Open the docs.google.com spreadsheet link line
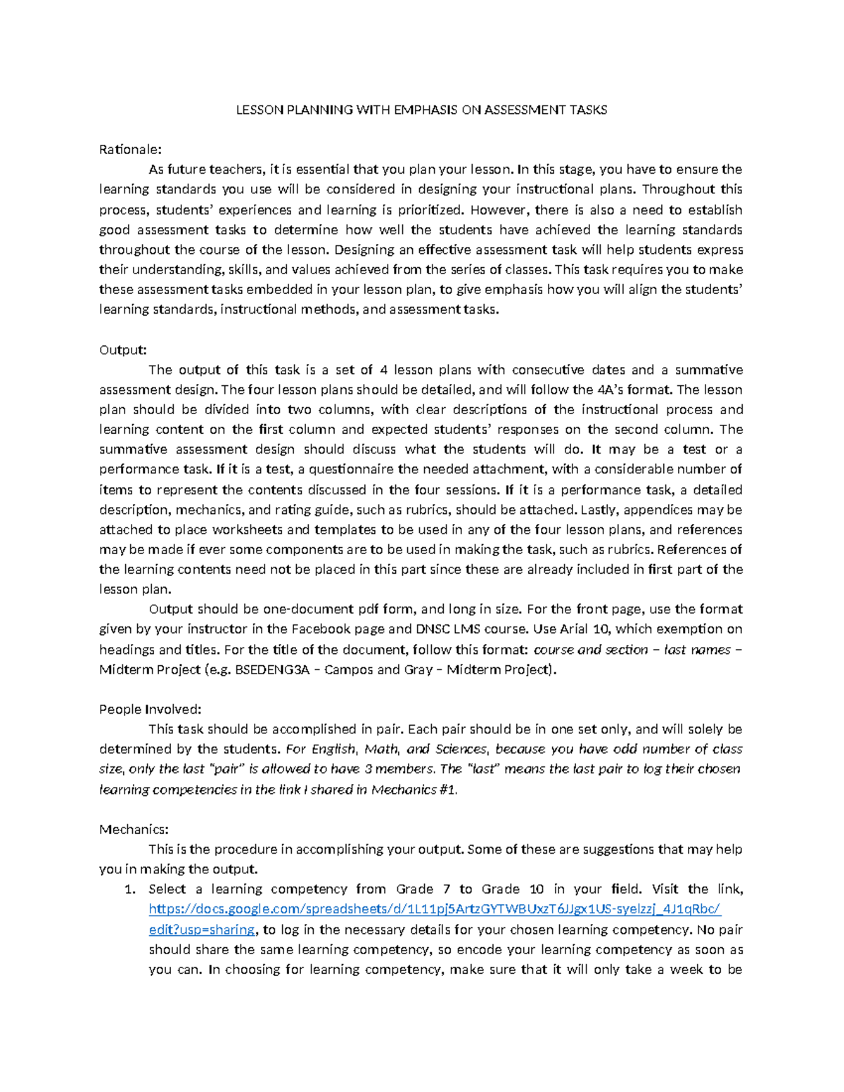pyautogui.click(x=435, y=909)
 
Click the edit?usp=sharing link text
pyautogui.click(x=202, y=930)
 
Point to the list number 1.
pyautogui.click(x=128, y=889)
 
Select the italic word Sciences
pyautogui.click(x=461, y=749)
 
